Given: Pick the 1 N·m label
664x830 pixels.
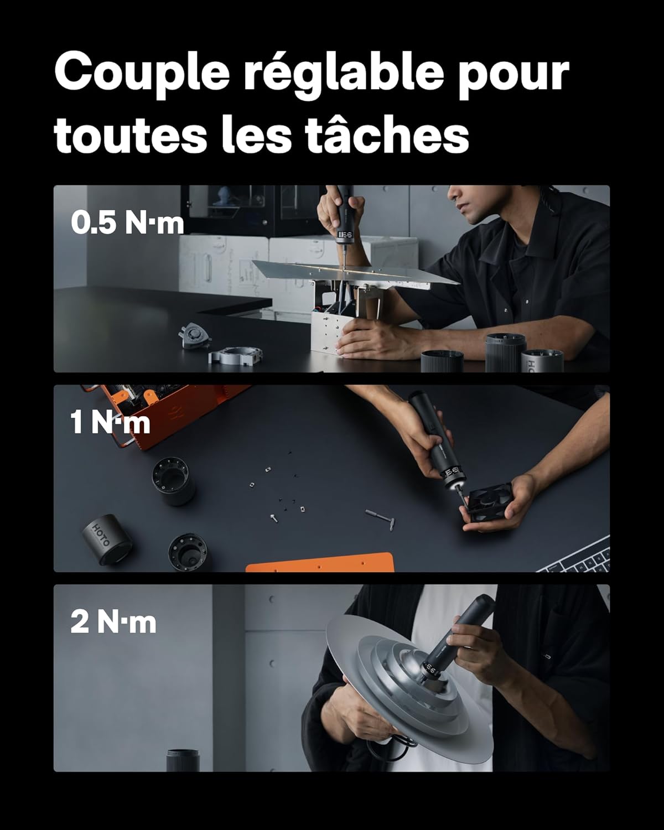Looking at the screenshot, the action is (x=110, y=422).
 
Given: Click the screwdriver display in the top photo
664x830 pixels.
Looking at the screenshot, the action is (x=345, y=235).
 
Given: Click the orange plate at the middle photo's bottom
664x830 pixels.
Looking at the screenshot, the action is (x=320, y=563).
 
